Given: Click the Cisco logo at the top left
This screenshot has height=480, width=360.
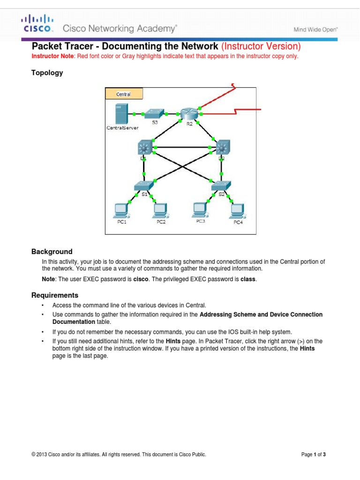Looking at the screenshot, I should click(37, 23).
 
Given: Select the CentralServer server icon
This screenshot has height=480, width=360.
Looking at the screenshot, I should click(120, 114).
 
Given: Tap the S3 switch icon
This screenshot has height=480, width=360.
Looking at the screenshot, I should click(154, 113).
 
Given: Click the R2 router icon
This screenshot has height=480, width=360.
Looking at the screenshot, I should click(188, 114).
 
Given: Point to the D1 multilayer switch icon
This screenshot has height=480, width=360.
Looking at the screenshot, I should click(144, 148).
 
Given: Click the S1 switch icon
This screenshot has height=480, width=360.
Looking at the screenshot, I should click(142, 186).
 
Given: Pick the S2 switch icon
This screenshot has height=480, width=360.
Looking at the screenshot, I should click(220, 186).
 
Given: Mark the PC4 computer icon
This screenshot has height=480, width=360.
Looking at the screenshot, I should click(238, 211).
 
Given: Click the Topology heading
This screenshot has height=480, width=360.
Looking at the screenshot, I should click(47, 73).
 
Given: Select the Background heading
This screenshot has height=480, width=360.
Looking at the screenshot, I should click(52, 251).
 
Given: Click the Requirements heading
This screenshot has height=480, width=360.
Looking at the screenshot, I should click(54, 295).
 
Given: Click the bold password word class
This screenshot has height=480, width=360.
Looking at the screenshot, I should click(248, 279).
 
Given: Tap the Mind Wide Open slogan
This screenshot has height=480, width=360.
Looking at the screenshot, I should click(315, 30).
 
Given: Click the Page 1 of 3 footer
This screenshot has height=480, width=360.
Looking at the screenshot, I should click(313, 454).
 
